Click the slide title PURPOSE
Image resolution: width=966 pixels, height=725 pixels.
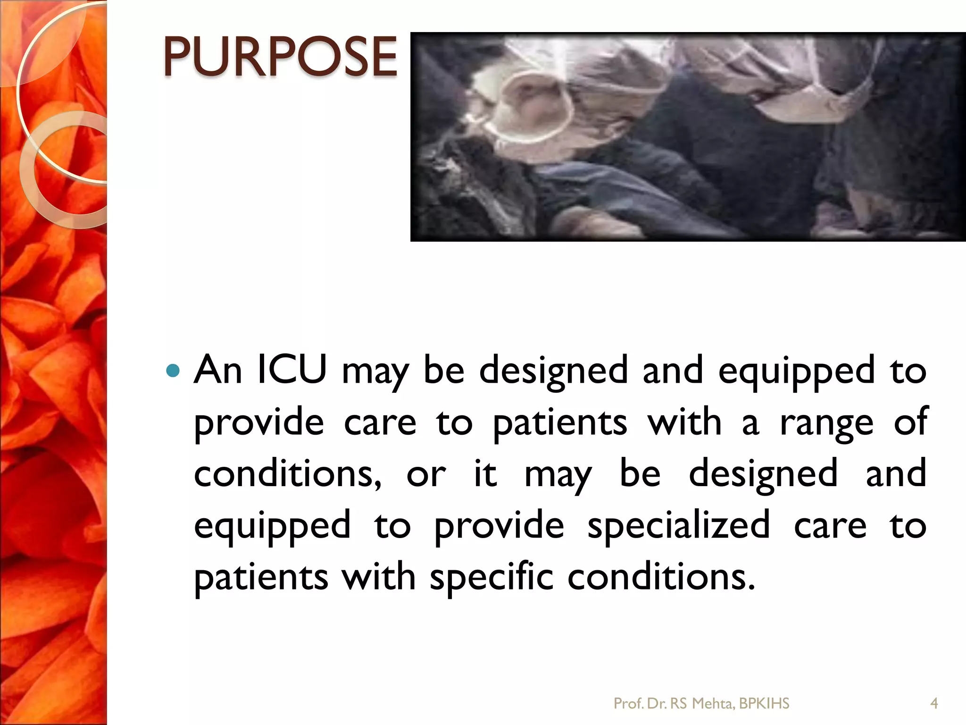(280, 57)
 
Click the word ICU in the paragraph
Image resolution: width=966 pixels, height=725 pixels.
(292, 369)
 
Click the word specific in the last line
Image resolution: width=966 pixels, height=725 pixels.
(491, 577)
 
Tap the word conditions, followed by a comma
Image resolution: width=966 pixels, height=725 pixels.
(288, 474)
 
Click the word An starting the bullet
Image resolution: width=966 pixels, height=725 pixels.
(218, 369)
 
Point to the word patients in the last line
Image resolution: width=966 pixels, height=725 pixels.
(261, 577)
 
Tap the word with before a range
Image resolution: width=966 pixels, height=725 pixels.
(684, 422)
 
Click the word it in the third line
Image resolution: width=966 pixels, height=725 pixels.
(485, 474)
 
